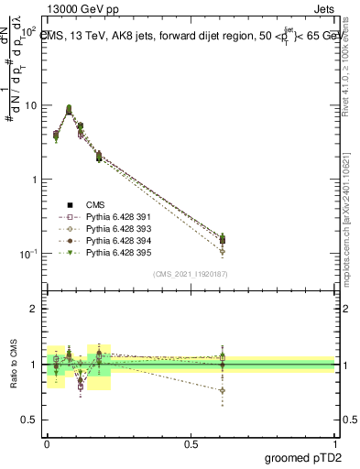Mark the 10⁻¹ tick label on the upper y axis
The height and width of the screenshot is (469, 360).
pos(28,254)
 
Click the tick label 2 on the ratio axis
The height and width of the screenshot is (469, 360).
pos(34,310)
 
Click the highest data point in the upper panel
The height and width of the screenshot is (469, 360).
pos(69,108)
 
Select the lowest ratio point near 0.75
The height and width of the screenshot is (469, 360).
pos(223,390)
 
